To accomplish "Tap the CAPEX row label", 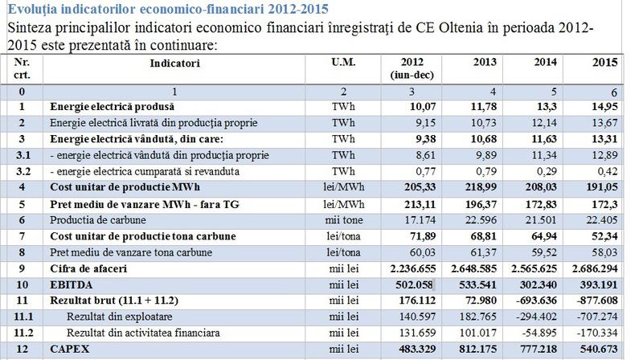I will click(72, 350).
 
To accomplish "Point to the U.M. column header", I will click(342, 61).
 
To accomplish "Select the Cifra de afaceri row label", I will click(90, 268).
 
